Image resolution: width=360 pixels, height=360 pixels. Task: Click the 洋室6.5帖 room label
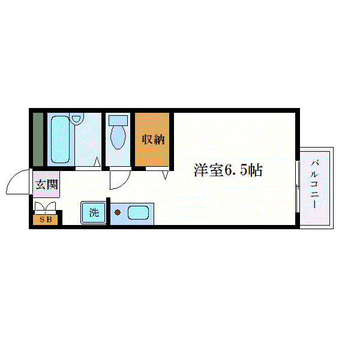227,170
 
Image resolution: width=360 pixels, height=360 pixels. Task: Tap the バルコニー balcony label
315,184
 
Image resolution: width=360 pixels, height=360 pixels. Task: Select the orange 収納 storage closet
153,139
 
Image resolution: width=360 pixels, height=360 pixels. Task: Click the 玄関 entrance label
46,185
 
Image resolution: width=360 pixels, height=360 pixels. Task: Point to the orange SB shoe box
46,220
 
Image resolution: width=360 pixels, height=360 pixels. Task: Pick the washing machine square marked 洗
94,212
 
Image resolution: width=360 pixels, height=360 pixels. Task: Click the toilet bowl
117,138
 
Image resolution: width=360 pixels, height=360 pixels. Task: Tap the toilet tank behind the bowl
118,119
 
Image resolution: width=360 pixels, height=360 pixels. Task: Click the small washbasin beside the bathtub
76,119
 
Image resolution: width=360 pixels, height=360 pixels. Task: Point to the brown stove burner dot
118,212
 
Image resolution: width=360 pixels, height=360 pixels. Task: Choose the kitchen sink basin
139,212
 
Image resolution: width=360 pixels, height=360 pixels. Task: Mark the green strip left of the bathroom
38,139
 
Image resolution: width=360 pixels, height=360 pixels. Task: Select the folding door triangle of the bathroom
97,163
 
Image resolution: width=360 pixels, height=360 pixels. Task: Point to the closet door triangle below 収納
164,175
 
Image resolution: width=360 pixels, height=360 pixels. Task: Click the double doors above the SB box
46,208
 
